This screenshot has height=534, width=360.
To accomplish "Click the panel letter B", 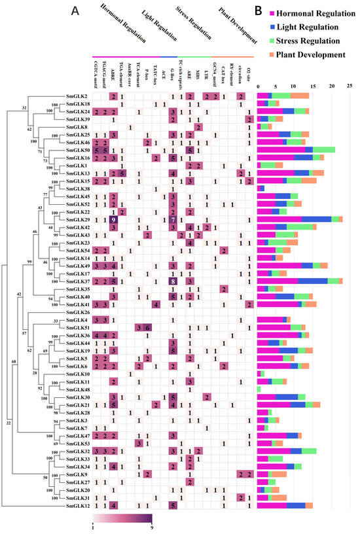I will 259,11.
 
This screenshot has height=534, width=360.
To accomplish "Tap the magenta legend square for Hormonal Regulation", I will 270,14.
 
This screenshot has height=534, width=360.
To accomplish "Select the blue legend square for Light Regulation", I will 270,27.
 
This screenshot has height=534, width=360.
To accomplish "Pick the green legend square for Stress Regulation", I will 270,41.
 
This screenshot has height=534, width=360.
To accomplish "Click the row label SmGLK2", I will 77,96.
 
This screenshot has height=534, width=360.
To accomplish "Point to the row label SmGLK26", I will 77,311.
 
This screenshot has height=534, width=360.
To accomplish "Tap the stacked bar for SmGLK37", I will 300,281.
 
